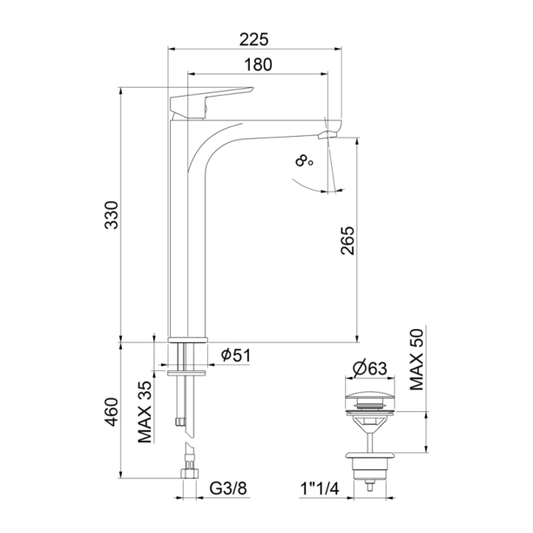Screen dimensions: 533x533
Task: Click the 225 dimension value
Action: click(x=253, y=37)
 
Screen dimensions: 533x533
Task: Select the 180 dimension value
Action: click(x=260, y=64)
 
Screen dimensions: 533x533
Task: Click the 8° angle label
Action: click(x=303, y=161)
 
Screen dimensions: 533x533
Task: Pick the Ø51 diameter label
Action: click(x=238, y=354)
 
